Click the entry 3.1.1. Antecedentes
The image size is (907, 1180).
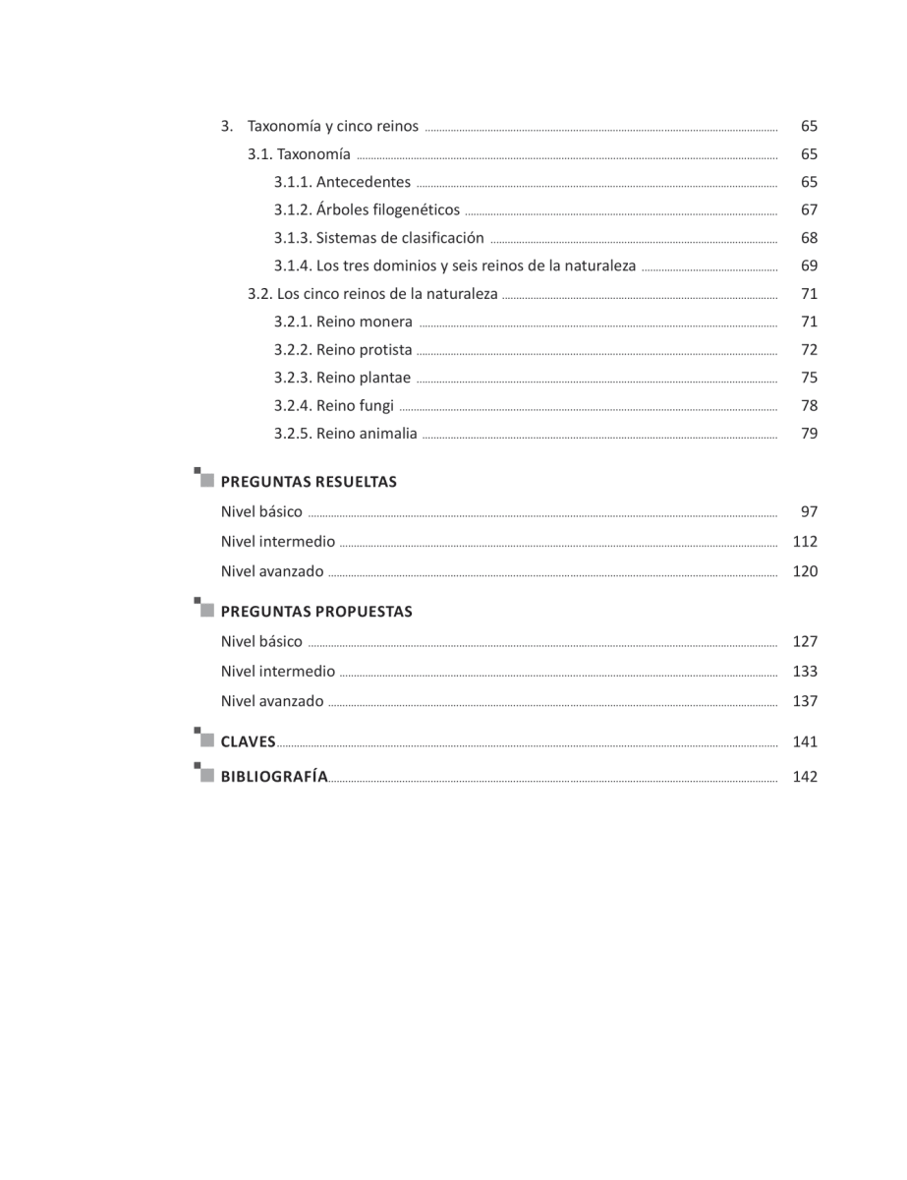click(342, 182)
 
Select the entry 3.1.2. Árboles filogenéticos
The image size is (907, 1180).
click(367, 209)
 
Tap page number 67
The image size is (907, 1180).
click(809, 209)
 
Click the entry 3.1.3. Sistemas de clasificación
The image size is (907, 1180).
click(378, 238)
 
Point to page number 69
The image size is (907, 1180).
click(809, 265)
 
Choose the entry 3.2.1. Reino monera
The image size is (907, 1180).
click(343, 322)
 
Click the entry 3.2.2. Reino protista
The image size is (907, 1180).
click(343, 349)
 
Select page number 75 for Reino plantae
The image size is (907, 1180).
click(809, 378)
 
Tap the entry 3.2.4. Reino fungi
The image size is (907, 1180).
click(334, 405)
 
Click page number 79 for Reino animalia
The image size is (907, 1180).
click(809, 434)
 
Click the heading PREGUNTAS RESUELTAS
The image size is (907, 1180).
click(309, 482)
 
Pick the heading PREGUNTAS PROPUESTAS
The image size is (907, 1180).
click(316, 612)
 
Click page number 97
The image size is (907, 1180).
click(809, 511)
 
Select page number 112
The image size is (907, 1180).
click(805, 542)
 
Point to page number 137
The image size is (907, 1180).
click(805, 702)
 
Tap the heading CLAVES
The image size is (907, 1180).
click(248, 742)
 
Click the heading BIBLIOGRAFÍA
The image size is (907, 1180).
click(274, 777)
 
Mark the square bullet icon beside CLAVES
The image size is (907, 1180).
click(203, 738)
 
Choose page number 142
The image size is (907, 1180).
click(805, 777)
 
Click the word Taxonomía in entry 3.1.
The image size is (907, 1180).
click(313, 154)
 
